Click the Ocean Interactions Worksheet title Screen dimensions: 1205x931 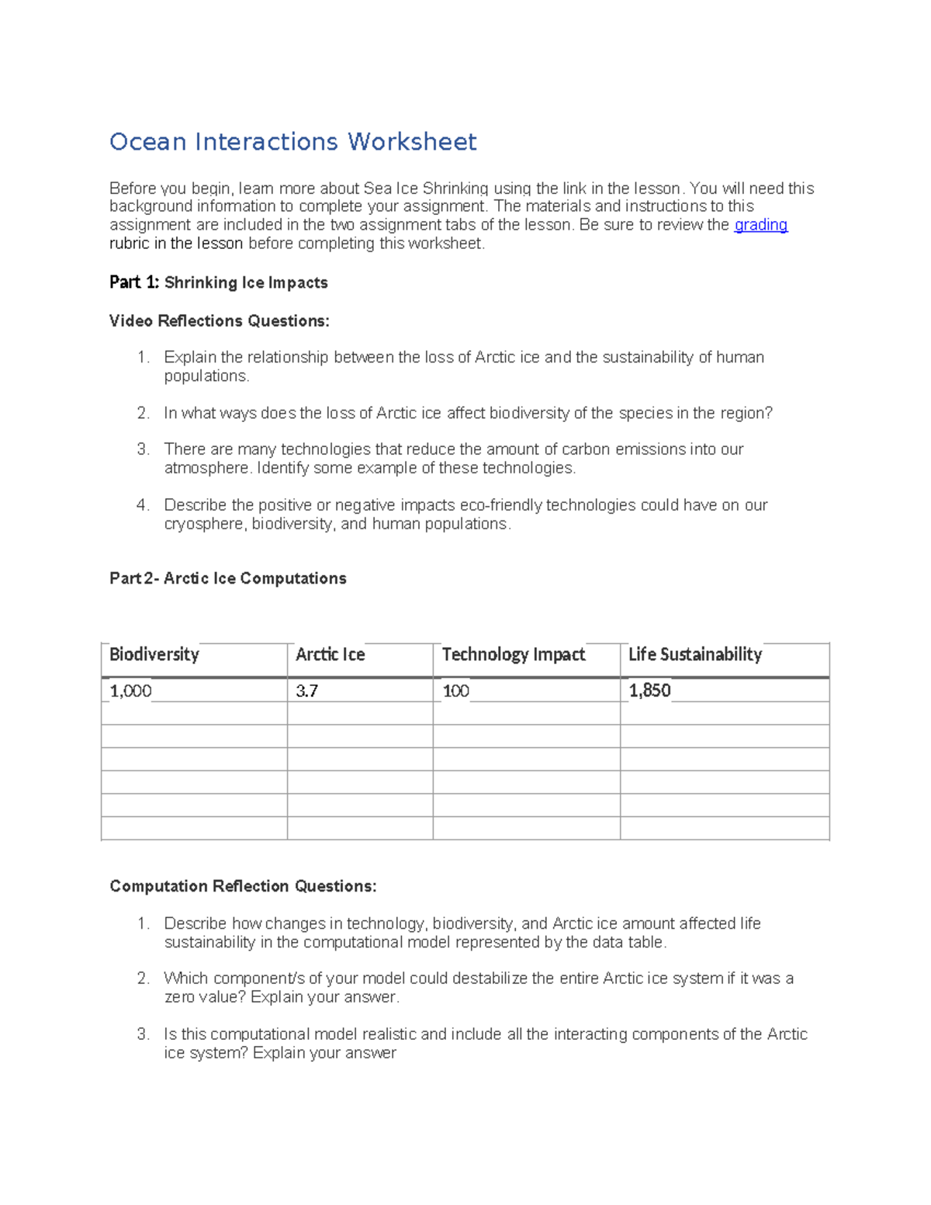pyautogui.click(x=292, y=142)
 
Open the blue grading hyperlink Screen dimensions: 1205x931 pyautogui.click(x=760, y=225)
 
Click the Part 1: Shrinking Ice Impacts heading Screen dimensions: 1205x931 pyautogui.click(x=218, y=282)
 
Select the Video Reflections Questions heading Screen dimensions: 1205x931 pyautogui.click(x=219, y=321)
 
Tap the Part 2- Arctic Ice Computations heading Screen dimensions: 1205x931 pyautogui.click(x=227, y=579)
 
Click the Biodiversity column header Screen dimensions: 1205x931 pyautogui.click(x=154, y=655)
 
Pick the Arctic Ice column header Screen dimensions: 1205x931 pyautogui.click(x=330, y=655)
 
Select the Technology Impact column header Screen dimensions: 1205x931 pyautogui.click(x=513, y=655)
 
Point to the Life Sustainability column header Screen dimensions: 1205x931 pyautogui.click(x=694, y=655)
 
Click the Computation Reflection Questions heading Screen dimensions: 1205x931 pyautogui.click(x=243, y=886)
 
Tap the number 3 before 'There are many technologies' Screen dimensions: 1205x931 pyautogui.click(x=142, y=449)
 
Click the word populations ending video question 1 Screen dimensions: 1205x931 pyautogui.click(x=206, y=376)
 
